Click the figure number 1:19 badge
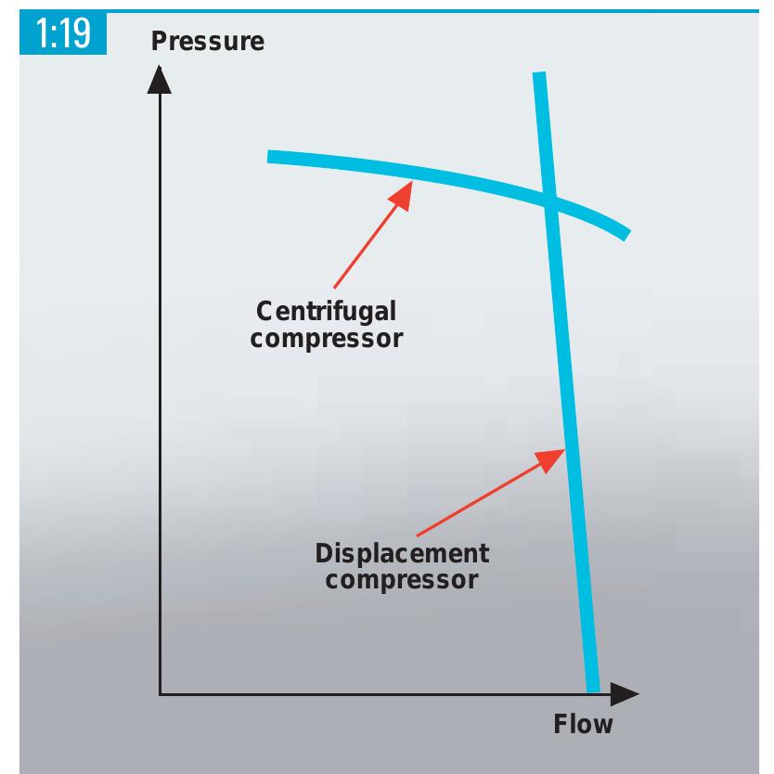click(63, 32)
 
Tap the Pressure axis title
click(208, 41)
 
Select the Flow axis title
click(583, 724)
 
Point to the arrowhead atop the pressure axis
click(160, 80)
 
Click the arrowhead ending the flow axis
click(625, 694)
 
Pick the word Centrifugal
click(327, 312)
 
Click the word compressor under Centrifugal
click(327, 339)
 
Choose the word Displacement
click(402, 553)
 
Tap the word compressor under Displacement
click(402, 579)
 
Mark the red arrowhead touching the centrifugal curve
click(402, 195)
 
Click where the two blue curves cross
click(550, 200)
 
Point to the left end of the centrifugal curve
click(267, 157)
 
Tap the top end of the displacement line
click(539, 72)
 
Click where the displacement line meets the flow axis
click(593, 692)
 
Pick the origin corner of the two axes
click(160, 694)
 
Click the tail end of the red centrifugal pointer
click(335, 288)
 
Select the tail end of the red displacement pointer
click(418, 535)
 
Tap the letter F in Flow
click(561, 724)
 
